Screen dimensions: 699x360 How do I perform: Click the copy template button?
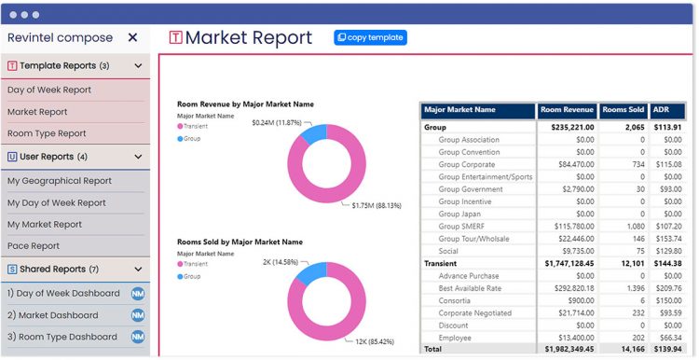click(370, 37)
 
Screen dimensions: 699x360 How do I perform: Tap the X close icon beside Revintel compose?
click(132, 37)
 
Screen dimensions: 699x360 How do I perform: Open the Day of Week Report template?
click(49, 90)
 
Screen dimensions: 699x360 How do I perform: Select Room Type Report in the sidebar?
click(47, 133)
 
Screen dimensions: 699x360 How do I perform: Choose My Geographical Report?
click(60, 181)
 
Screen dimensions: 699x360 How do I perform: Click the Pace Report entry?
click(34, 246)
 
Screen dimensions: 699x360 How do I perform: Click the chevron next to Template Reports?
click(138, 66)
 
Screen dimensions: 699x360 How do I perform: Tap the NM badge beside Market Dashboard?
click(138, 315)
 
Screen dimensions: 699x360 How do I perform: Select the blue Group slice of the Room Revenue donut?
click(314, 133)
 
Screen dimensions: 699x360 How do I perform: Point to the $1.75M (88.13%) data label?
click(377, 206)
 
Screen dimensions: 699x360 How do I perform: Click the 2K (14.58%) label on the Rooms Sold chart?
click(281, 262)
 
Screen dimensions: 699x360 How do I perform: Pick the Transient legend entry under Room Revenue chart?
click(193, 126)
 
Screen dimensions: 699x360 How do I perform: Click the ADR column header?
click(662, 110)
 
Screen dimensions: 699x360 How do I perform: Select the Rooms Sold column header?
click(624, 110)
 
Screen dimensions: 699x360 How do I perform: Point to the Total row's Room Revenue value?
click(568, 349)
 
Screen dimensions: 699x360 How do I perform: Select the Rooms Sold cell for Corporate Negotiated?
click(637, 313)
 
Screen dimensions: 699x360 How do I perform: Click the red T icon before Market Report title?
click(175, 37)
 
